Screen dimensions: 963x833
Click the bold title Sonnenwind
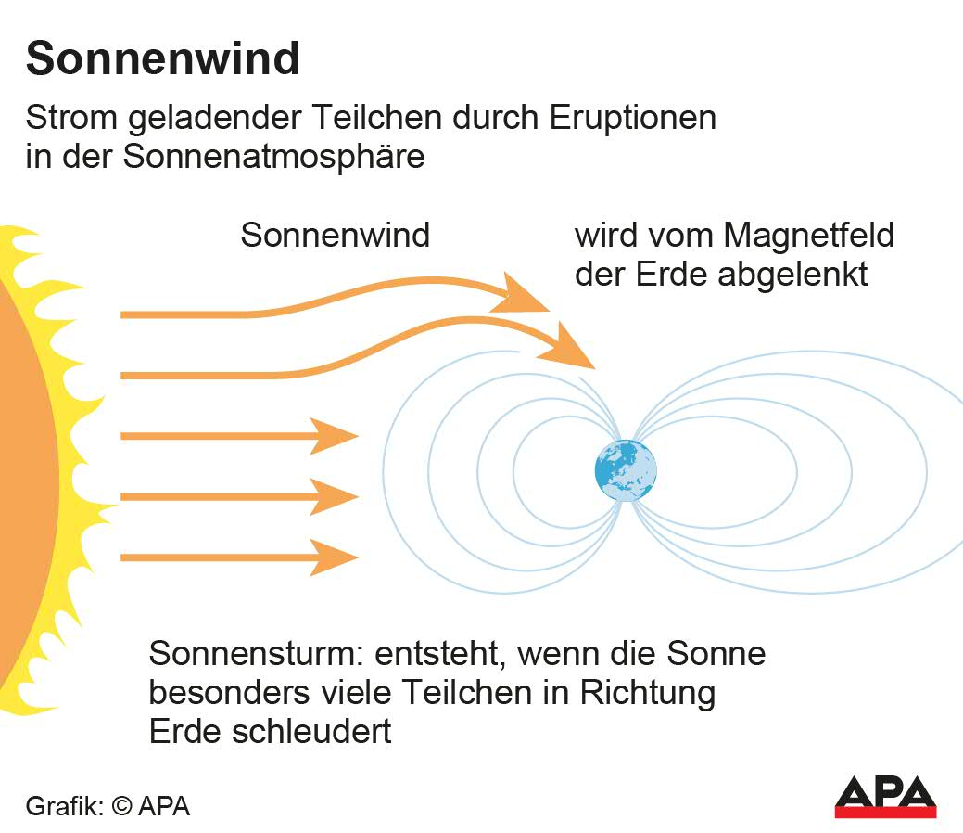point(163,59)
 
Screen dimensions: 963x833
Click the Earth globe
point(626,470)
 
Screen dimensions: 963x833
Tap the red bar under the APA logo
point(885,812)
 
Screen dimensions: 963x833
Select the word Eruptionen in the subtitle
point(633,118)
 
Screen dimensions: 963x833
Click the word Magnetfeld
point(809,235)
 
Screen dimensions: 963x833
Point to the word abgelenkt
point(792,275)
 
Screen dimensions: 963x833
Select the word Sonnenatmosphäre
point(273,156)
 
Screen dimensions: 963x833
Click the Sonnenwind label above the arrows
point(335,235)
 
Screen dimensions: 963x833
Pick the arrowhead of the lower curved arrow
point(567,347)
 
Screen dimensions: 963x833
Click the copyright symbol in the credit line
point(122,806)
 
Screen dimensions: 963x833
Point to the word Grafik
point(65,806)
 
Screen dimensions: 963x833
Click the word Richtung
point(648,693)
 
